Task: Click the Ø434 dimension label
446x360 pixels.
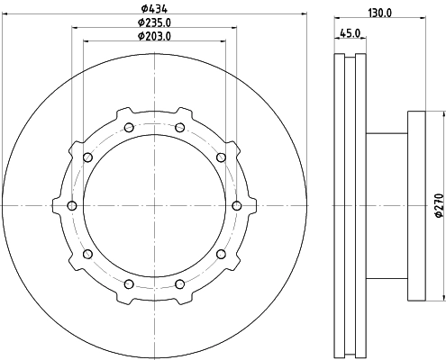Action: point(154,9)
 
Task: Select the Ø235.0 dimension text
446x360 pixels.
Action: point(154,22)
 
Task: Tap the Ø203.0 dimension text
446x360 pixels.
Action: point(154,36)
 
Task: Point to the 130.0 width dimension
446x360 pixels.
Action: point(380,13)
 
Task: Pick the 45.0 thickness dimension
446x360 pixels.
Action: point(350,33)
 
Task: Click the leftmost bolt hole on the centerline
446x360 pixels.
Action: point(72,206)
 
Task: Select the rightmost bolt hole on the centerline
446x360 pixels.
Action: point(237,206)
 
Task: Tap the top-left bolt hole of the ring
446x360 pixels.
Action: point(129,128)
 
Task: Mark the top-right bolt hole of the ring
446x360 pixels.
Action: point(179,128)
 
